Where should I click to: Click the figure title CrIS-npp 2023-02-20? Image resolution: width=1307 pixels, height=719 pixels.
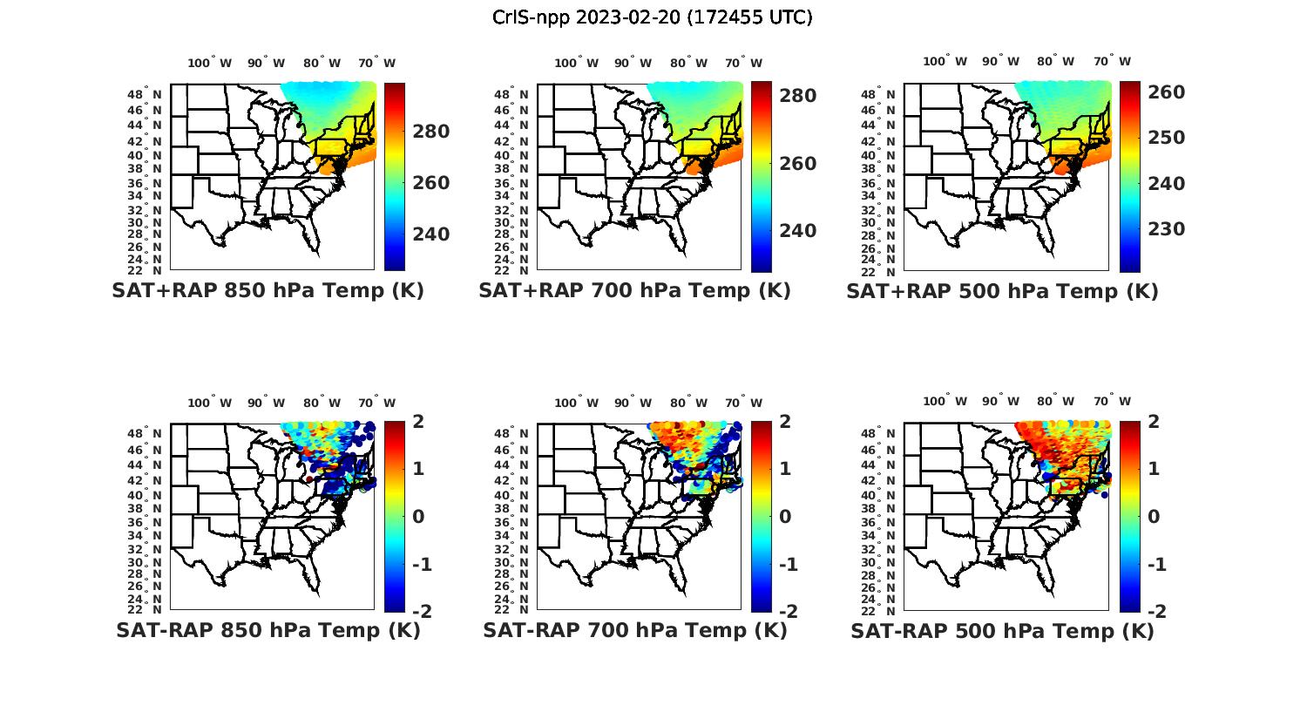653,17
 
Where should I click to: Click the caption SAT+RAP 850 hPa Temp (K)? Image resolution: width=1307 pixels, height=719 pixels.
267,290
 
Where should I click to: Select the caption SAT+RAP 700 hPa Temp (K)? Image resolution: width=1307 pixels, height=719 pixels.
634,290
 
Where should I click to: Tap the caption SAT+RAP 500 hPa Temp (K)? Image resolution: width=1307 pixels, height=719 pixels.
1002,291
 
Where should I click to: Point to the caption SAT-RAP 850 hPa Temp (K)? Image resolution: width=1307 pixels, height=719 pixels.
267,630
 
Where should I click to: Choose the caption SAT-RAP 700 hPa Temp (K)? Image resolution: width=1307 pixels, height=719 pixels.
634,630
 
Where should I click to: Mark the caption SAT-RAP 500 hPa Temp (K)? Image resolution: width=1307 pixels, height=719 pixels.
1002,631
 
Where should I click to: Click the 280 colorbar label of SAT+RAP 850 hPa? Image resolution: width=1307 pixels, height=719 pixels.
430,132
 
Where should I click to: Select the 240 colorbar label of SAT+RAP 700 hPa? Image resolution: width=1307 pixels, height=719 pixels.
797,231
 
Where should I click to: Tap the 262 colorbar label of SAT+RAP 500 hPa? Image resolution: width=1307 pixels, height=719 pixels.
1165,92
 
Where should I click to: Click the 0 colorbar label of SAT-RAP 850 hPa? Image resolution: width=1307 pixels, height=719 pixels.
417,516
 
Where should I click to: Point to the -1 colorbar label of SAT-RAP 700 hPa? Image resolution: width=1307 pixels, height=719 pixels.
785,565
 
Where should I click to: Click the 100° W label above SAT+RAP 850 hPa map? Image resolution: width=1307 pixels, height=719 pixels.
209,63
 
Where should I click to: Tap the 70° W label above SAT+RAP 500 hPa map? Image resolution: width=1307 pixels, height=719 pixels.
1112,61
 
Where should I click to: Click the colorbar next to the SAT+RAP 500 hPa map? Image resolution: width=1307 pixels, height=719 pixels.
1130,177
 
